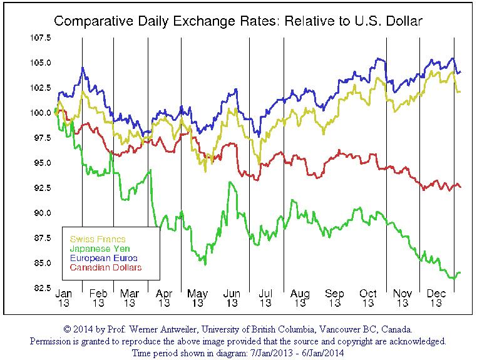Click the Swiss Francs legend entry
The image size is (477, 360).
pos(98,239)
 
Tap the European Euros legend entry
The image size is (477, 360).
pos(103,258)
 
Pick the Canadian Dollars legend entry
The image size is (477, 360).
pos(105,267)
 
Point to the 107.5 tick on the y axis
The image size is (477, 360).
pos(41,38)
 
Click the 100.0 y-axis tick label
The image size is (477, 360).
pos(41,113)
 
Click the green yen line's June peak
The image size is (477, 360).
pos(230,182)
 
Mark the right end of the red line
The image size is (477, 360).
pos(461,187)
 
